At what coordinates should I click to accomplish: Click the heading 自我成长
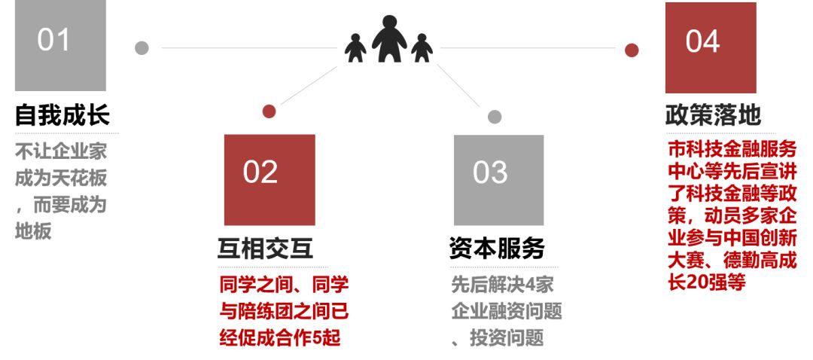coord(62,115)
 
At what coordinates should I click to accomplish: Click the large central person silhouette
coord(389,39)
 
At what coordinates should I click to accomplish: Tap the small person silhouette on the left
coord(355,47)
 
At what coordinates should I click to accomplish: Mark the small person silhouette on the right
coord(422,47)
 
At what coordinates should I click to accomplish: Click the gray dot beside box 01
coord(142,48)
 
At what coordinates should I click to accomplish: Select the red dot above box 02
coord(269,111)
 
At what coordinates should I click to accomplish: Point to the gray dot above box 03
coord(495,117)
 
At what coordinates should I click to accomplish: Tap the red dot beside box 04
coord(632,50)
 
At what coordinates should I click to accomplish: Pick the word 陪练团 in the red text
coord(273,311)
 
